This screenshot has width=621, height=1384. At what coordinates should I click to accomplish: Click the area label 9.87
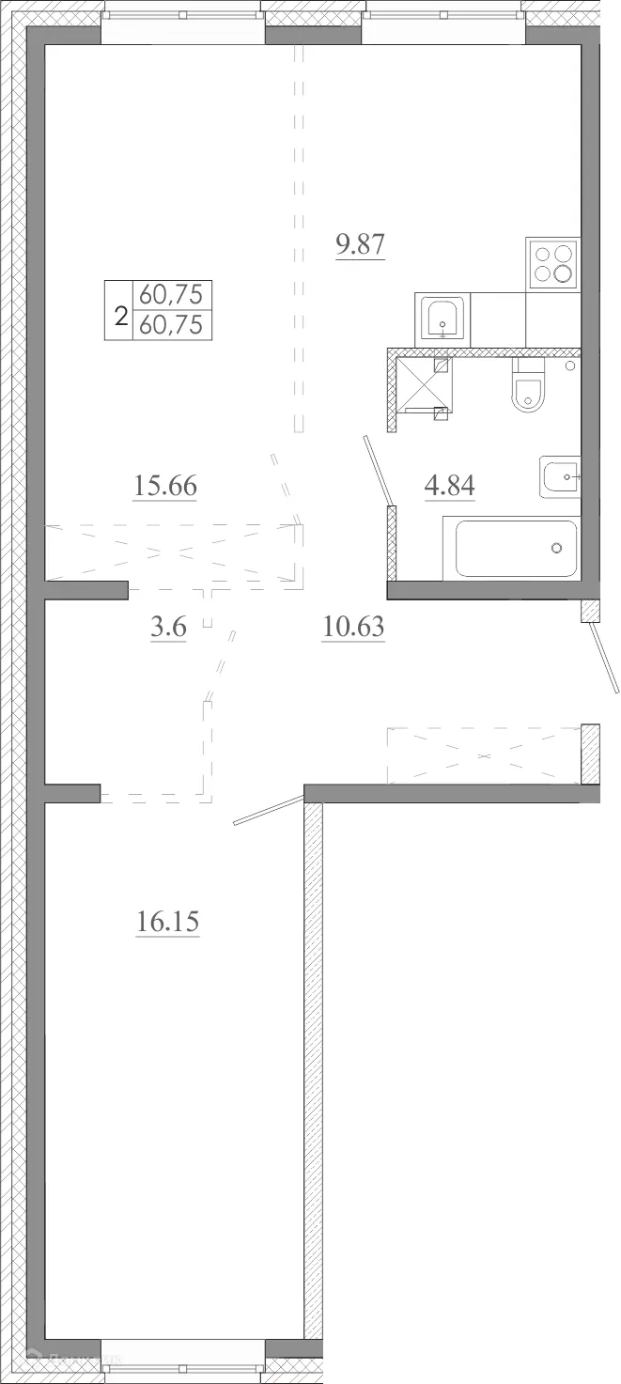click(361, 246)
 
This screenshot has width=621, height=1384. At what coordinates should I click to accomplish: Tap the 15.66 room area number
click(164, 487)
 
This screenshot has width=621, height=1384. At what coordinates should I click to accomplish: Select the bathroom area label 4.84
click(450, 487)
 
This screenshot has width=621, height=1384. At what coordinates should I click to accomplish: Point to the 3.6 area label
click(168, 627)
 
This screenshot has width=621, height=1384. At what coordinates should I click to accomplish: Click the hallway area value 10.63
click(353, 627)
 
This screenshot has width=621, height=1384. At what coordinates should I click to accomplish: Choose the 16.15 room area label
click(168, 922)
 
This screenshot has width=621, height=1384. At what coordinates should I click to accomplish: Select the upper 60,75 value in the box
click(171, 295)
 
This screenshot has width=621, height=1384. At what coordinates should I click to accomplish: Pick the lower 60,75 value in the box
click(171, 325)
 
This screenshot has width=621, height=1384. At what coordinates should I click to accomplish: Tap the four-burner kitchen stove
click(552, 263)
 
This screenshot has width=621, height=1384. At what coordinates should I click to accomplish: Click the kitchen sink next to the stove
click(442, 319)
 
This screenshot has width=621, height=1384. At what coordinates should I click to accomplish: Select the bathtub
click(515, 549)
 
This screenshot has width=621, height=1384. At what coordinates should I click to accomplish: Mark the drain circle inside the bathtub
click(556, 548)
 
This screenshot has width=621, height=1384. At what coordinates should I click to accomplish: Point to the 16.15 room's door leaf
click(269, 812)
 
